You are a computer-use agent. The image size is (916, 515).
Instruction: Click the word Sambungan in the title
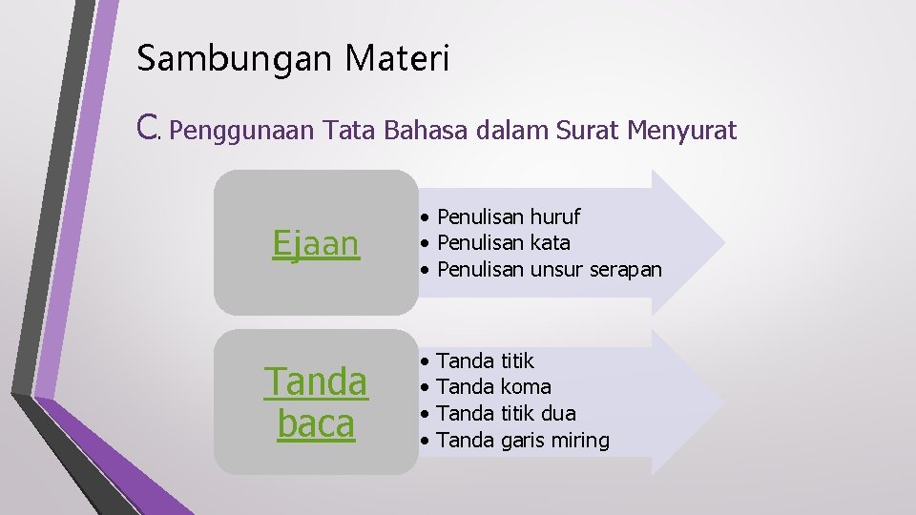click(x=234, y=59)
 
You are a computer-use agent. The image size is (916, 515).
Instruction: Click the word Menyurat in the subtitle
click(x=682, y=131)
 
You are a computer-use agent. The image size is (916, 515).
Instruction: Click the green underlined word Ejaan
click(x=316, y=243)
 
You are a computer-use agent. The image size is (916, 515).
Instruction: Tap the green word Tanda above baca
click(x=316, y=382)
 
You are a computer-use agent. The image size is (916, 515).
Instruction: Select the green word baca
click(x=316, y=424)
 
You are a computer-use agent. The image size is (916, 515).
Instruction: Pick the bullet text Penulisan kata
click(x=503, y=243)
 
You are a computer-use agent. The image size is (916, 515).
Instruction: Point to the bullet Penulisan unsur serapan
click(x=549, y=270)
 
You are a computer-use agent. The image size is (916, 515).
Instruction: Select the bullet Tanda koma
click(x=493, y=387)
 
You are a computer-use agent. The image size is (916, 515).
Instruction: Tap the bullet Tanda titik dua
click(x=506, y=414)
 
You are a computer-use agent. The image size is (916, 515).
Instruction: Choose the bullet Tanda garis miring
click(x=522, y=441)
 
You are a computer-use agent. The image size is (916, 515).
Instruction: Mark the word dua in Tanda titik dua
click(x=558, y=414)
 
